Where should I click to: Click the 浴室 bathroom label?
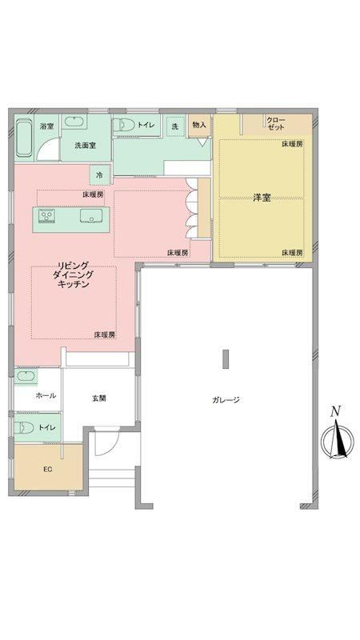click(46, 126)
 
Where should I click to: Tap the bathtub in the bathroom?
click(24, 138)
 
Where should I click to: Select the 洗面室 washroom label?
click(86, 146)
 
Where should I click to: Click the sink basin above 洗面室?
click(74, 122)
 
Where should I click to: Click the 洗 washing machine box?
click(174, 126)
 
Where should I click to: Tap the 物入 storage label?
click(199, 125)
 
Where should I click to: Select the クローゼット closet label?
click(276, 124)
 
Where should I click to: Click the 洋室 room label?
click(262, 198)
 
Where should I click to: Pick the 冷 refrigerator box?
click(99, 175)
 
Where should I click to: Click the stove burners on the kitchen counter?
click(47, 215)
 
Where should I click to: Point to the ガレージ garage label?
click(226, 400)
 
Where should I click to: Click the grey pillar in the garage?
click(226, 359)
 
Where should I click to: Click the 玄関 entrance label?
click(98, 398)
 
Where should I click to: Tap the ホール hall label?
click(46, 395)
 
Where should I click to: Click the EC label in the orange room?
click(48, 470)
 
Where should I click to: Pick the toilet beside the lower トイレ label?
click(24, 427)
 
